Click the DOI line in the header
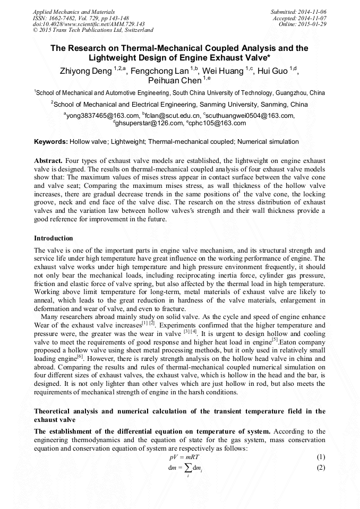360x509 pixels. [89, 24]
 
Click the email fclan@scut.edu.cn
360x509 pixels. [173, 115]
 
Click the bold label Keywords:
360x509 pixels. [50, 142]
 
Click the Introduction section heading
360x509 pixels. [54, 238]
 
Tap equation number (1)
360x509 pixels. [320, 457]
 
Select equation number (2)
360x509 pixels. [320, 468]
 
